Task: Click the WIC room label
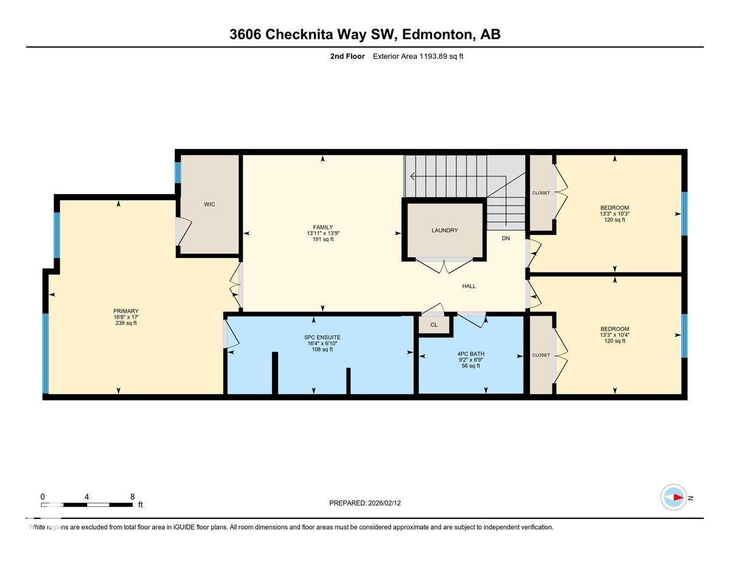209,204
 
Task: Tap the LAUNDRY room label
444,231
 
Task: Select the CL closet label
434,325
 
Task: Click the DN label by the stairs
506,238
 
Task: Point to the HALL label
468,286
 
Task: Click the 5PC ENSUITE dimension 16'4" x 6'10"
322,343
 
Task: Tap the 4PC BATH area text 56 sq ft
471,366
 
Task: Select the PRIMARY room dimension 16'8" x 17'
126,317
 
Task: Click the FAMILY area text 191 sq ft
322,240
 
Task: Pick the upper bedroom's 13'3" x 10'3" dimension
614,214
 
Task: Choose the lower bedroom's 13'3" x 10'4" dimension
614,335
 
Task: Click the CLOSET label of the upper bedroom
541,193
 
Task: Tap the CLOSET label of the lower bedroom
541,355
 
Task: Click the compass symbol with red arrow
673,497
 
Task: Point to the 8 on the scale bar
132,496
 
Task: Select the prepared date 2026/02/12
384,503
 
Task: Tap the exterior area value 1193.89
433,57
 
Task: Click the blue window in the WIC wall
178,172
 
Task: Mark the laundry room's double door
444,263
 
